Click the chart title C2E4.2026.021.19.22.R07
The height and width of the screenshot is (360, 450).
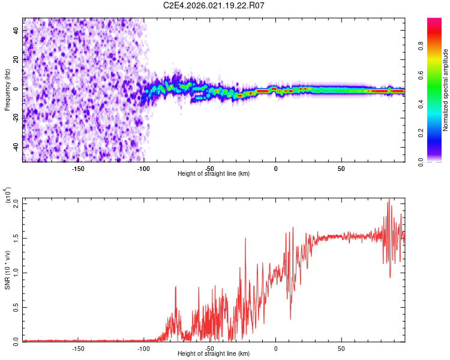tap(214, 5)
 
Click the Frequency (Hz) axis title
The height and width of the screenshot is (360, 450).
tap(7, 89)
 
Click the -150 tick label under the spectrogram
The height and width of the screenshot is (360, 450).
tap(77, 169)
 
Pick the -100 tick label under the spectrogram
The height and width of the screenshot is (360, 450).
tap(143, 169)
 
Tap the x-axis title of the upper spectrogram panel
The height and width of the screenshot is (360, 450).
tap(214, 174)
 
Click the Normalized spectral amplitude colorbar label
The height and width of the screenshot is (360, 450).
tap(446, 90)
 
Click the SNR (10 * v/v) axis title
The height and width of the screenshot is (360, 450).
tap(7, 270)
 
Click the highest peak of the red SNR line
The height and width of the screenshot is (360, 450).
tap(389, 199)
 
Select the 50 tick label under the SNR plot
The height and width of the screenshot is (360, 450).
tap(341, 349)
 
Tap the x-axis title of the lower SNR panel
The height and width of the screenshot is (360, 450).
tap(214, 354)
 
